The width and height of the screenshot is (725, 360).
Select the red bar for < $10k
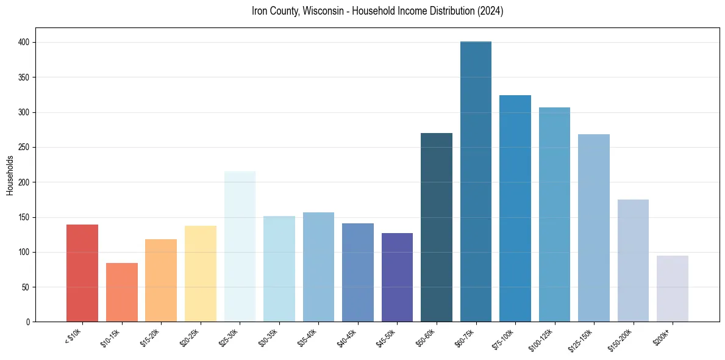82,273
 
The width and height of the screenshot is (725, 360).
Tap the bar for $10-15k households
121,292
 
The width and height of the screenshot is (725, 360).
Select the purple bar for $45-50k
397,278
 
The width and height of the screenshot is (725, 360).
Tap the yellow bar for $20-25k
201,274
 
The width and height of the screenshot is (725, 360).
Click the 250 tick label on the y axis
28,148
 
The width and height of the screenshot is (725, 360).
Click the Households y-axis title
10,175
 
